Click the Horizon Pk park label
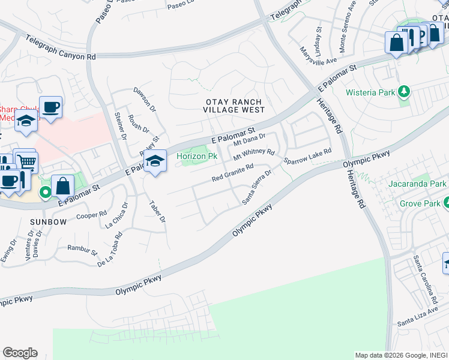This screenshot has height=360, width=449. (196, 157)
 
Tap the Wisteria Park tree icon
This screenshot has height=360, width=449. (405, 92)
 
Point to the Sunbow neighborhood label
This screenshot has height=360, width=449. (48, 222)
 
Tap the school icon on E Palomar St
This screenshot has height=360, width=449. (155, 161)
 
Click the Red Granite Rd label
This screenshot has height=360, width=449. (233, 173)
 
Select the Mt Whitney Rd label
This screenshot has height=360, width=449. (253, 155)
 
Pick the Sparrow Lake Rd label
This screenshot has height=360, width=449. (307, 157)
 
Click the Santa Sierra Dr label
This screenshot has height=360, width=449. (257, 187)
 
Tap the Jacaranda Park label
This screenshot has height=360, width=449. (421, 183)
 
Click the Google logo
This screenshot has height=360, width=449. (20, 353)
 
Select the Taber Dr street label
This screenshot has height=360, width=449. (157, 211)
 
